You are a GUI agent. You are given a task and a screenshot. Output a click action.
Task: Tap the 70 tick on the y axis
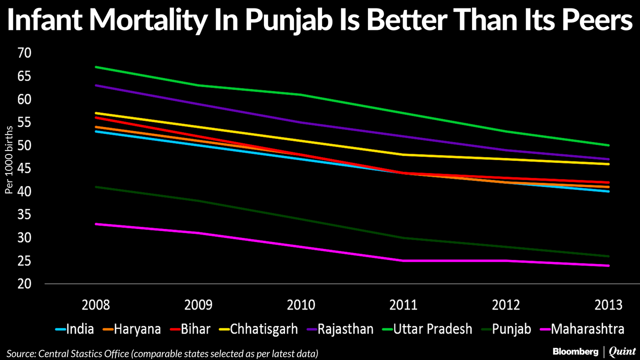(x=24, y=53)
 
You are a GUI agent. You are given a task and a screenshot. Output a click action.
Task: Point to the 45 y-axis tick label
(x=24, y=169)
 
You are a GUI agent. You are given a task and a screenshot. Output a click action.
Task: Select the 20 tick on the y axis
(x=24, y=284)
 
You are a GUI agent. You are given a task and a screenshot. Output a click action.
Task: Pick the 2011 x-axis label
(x=404, y=305)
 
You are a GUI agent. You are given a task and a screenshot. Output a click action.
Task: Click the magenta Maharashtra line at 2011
(x=404, y=261)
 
